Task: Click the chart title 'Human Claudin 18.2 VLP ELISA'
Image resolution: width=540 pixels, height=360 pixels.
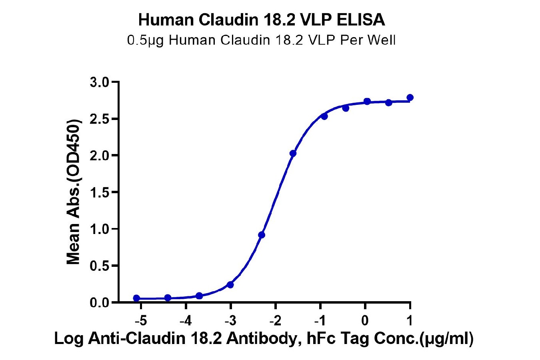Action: (262, 20)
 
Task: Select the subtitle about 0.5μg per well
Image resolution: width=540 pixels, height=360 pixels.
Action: (261, 40)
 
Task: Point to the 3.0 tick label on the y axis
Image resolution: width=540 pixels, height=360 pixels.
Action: (100, 82)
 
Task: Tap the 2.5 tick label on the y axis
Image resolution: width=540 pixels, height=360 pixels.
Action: (100, 119)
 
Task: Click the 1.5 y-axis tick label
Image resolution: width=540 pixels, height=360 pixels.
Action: (100, 192)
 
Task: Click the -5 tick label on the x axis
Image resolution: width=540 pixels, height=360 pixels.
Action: (141, 321)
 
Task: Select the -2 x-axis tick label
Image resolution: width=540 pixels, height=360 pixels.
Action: (275, 321)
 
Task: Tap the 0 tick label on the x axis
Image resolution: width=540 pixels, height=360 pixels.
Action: (365, 321)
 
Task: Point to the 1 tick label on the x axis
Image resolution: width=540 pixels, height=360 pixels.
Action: (410, 321)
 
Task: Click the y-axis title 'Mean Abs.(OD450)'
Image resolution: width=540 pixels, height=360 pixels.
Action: (74, 192)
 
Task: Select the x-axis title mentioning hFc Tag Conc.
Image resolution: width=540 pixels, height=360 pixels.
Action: (264, 339)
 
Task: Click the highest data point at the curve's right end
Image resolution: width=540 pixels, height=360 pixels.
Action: (410, 98)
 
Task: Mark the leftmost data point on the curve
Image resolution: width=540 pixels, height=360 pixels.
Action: (136, 298)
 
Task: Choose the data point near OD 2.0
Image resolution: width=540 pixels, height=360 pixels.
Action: (293, 153)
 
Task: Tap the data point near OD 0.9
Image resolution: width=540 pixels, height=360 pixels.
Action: (262, 235)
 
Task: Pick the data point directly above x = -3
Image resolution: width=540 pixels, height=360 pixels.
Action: (230, 285)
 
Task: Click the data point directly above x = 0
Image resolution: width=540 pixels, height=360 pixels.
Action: (367, 101)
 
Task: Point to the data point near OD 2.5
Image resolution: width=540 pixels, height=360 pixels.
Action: (324, 116)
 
